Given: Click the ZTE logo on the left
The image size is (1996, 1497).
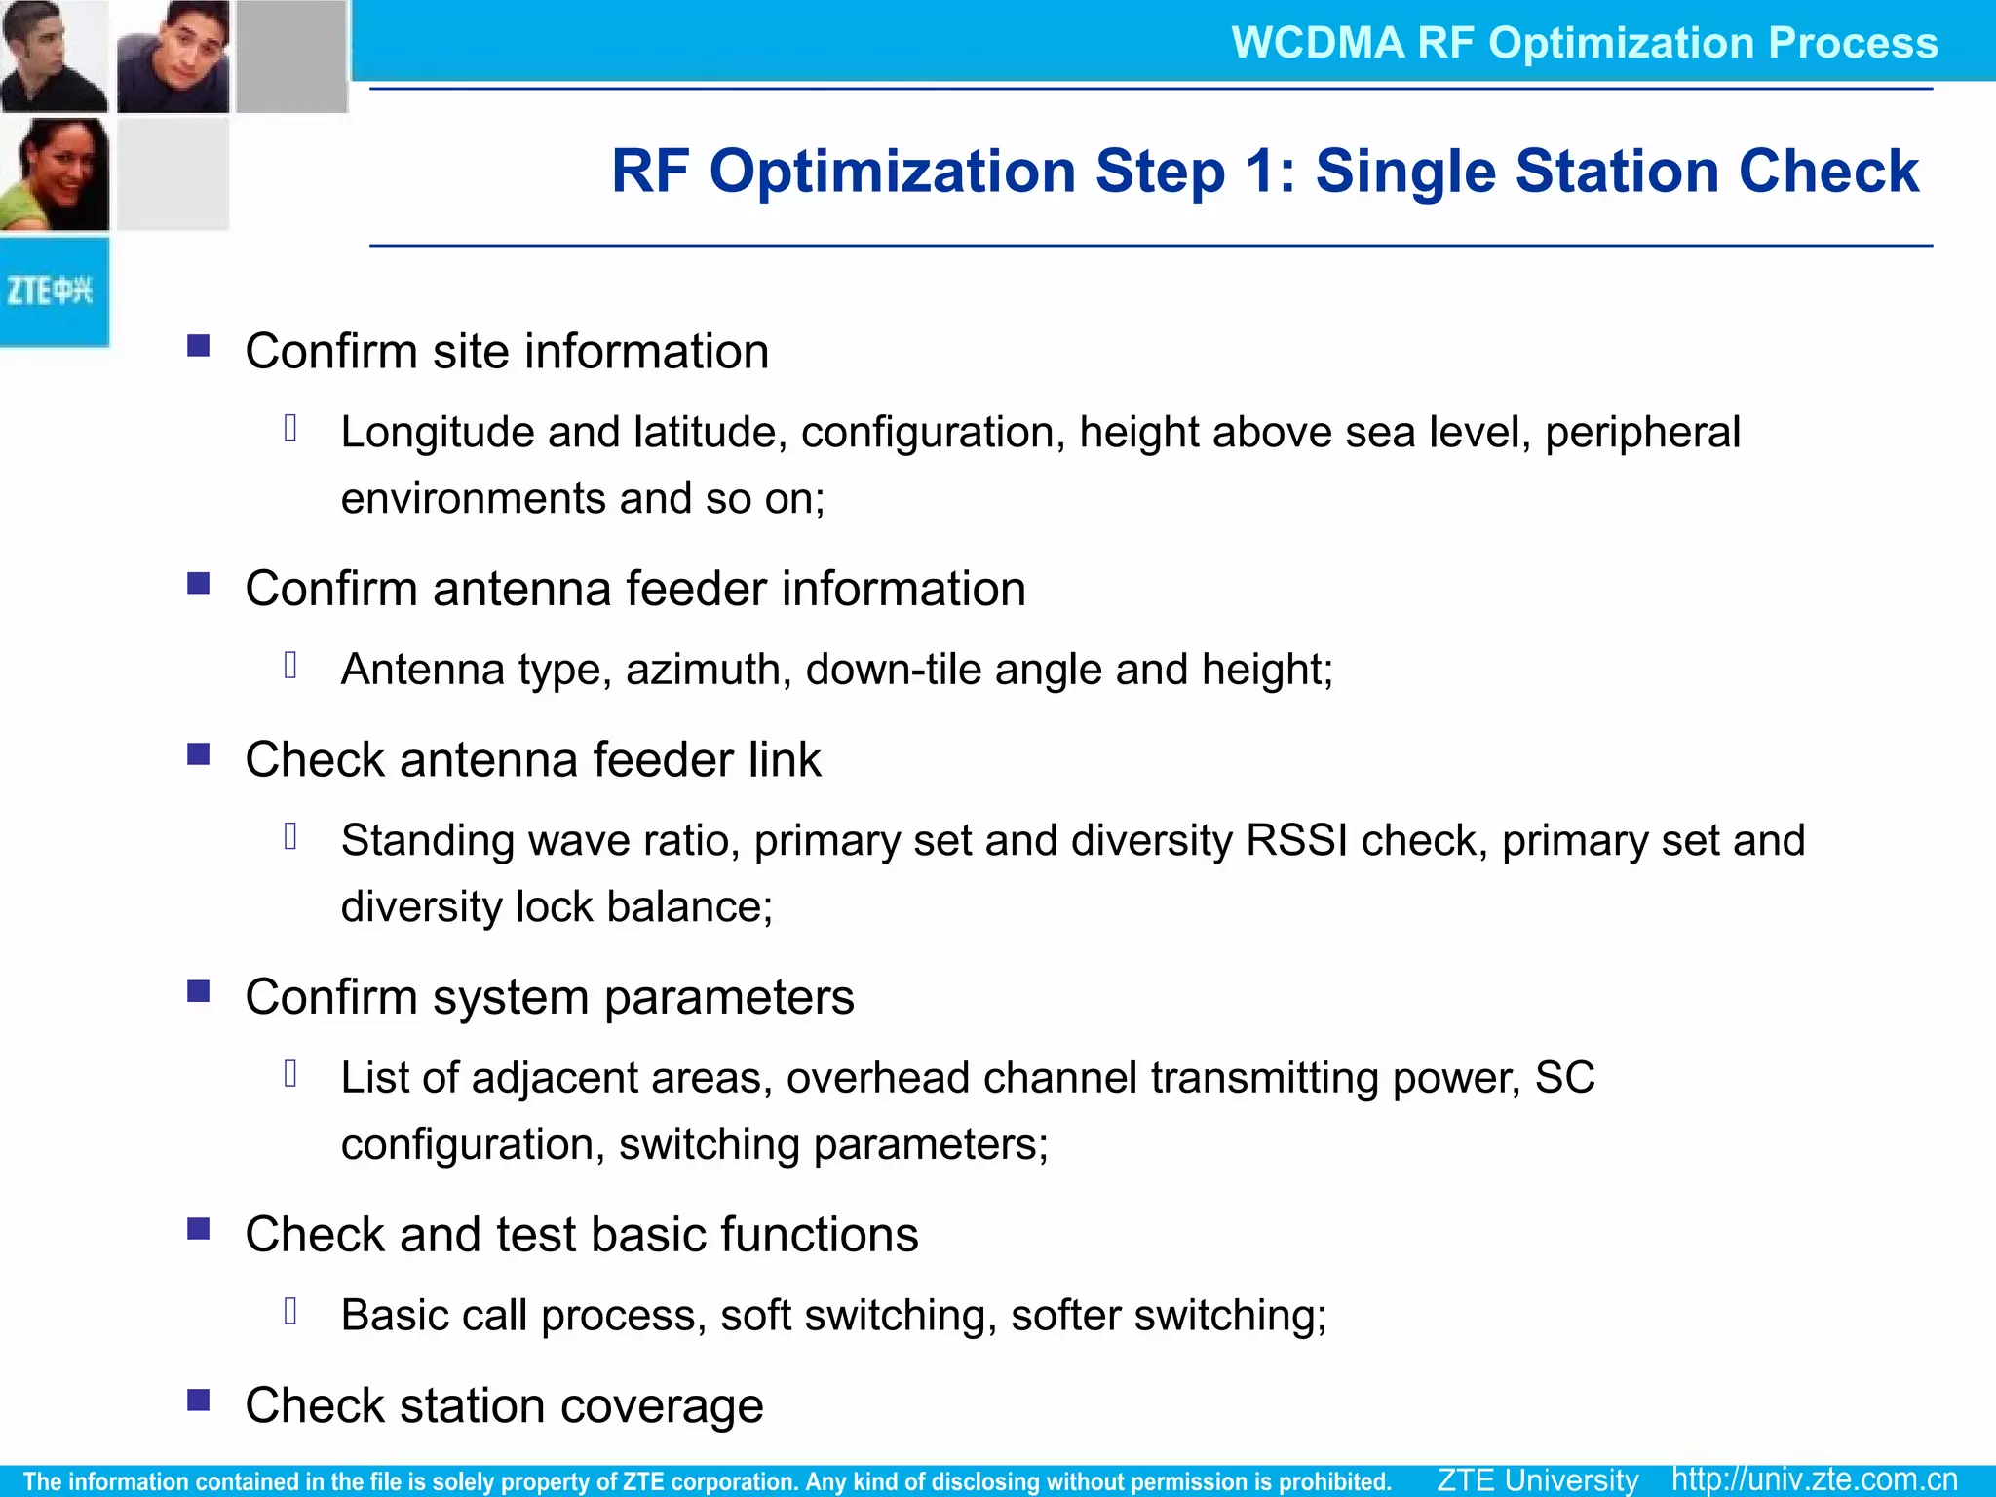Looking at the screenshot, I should click(x=51, y=291).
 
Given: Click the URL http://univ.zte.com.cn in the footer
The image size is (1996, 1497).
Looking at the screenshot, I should click(x=1815, y=1479).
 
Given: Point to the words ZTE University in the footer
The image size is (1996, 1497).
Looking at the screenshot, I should click(x=1537, y=1479).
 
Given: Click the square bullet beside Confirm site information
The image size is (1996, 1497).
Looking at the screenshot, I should click(x=199, y=346).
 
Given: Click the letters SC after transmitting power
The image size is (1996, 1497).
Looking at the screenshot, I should click(x=1564, y=1077).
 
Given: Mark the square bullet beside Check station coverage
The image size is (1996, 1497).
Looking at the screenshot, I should click(x=199, y=1401).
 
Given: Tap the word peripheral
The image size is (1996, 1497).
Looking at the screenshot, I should click(x=1642, y=433).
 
